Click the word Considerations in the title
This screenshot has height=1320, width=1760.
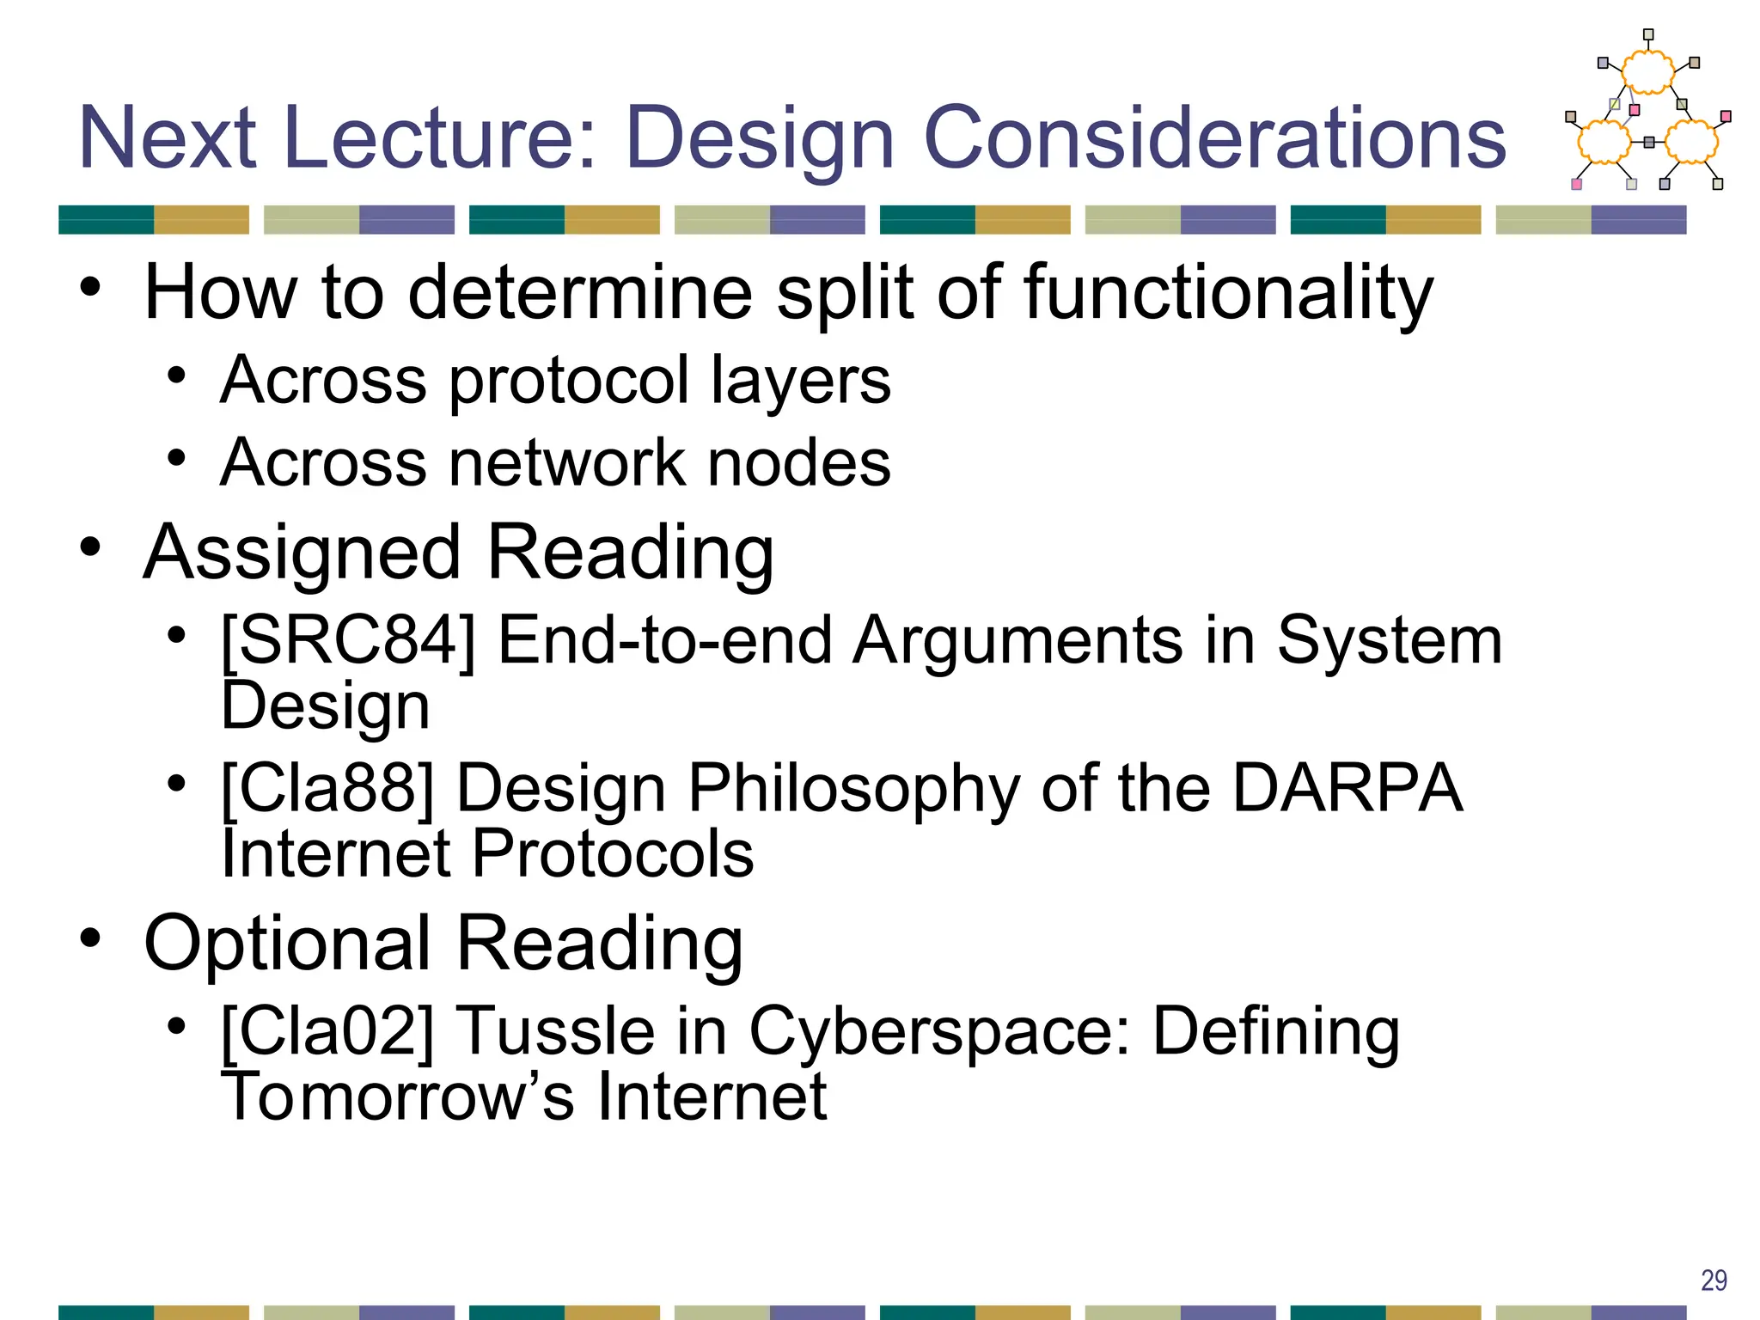click(x=1214, y=137)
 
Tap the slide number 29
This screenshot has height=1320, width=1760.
click(x=1714, y=1280)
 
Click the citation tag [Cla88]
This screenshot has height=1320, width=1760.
click(x=327, y=788)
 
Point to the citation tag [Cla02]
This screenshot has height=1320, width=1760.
click(x=327, y=1030)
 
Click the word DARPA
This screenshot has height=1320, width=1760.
click(x=1347, y=788)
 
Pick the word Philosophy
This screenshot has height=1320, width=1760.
click(x=853, y=788)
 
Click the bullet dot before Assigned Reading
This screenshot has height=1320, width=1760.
click(x=91, y=547)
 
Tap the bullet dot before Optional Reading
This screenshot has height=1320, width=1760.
click(x=91, y=938)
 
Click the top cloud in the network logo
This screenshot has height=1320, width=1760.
click(x=1647, y=72)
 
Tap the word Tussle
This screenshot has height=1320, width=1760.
click(x=556, y=1030)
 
